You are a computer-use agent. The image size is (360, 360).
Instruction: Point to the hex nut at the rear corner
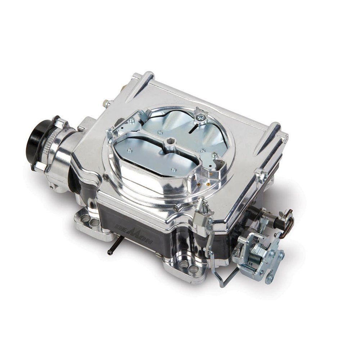click(107, 104)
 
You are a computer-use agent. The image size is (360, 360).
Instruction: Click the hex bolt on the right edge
click(262, 176)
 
